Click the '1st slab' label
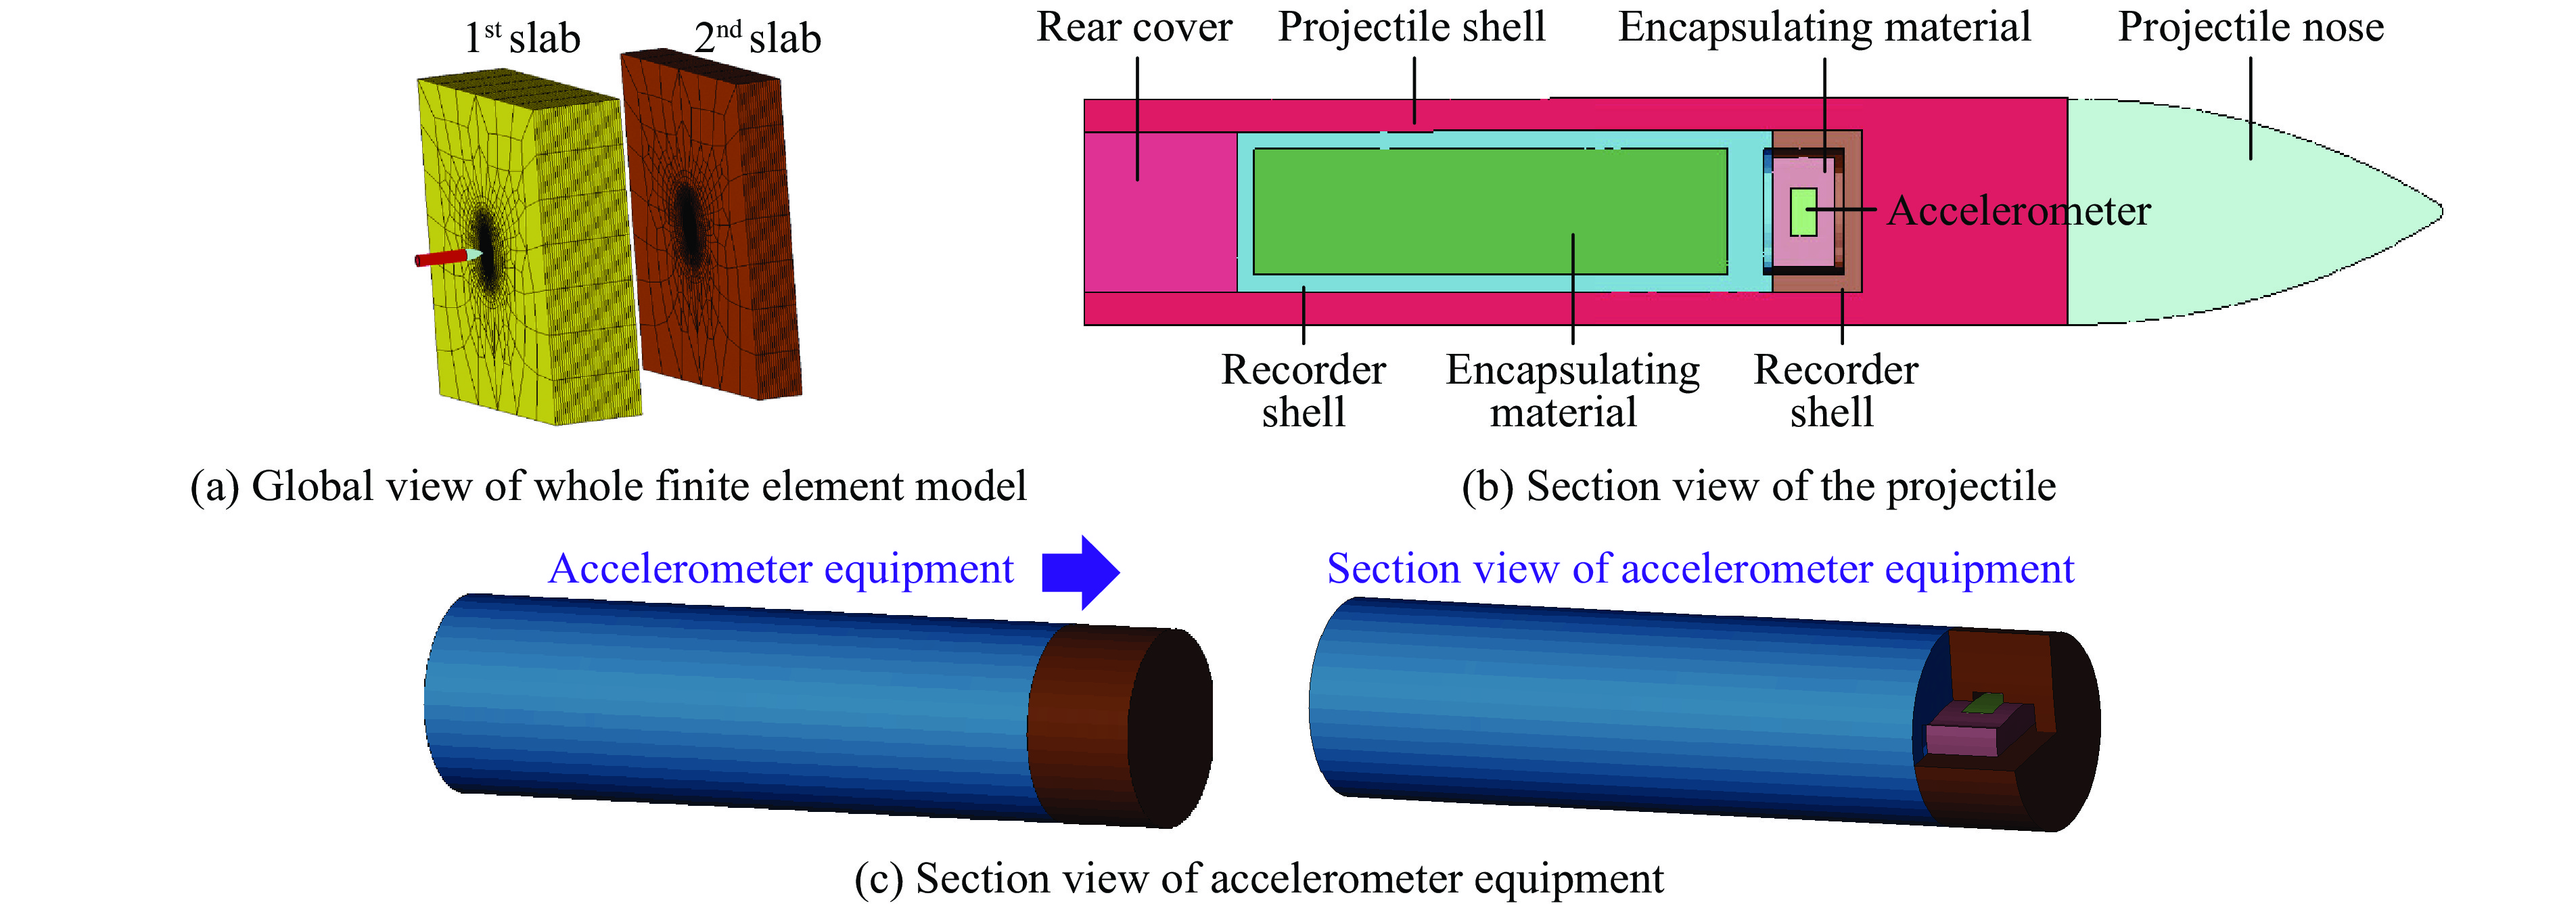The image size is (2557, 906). (523, 39)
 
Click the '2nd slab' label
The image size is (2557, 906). (758, 39)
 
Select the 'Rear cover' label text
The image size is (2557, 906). (1134, 27)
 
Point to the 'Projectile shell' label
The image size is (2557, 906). (1412, 27)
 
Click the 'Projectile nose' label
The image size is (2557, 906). (2251, 27)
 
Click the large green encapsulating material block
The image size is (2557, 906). (1489, 210)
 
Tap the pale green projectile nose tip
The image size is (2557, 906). (2422, 210)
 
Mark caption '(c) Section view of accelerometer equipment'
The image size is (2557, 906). (1259, 879)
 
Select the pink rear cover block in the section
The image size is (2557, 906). (1159, 210)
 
